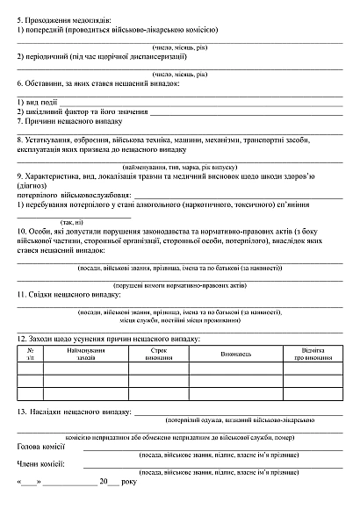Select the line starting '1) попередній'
coord(118,29)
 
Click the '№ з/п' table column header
coord(30,354)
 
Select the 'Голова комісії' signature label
coord(42,447)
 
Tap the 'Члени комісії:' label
coord(41,463)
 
